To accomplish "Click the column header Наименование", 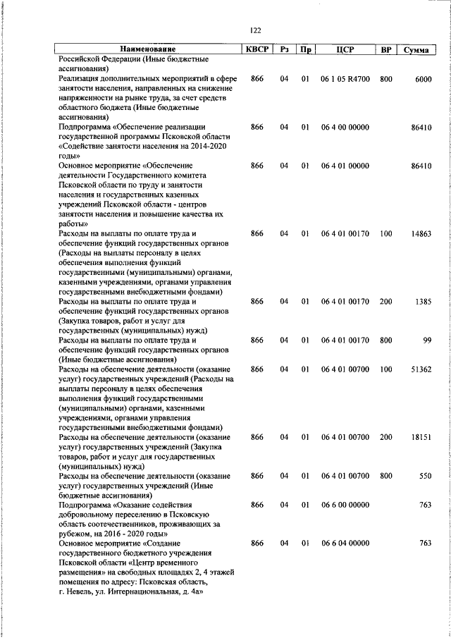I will click(147, 49).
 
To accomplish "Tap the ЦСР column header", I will click(345, 49).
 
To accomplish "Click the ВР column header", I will click(385, 49).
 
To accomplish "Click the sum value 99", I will click(426, 341).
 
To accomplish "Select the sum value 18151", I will click(421, 437).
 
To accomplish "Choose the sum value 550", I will click(424, 477).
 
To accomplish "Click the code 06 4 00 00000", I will click(345, 127).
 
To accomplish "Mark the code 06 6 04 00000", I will click(345, 544).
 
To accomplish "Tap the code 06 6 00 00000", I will click(345, 505).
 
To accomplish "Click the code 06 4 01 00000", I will click(345, 166).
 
